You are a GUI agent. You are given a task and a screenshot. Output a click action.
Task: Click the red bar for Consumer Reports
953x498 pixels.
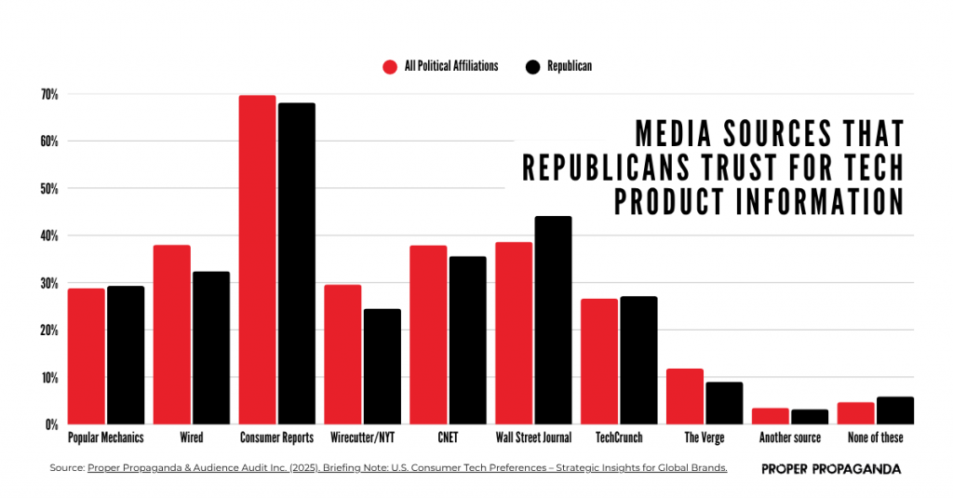(257, 260)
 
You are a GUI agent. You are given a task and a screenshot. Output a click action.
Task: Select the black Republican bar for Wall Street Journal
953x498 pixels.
(553, 320)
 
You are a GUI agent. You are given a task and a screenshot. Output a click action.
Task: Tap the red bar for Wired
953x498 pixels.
(171, 334)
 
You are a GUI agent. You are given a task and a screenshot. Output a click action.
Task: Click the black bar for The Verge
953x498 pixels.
(724, 403)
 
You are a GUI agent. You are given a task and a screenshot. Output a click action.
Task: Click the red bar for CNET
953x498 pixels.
(428, 334)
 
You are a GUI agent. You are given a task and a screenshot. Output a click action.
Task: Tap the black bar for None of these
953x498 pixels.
(895, 411)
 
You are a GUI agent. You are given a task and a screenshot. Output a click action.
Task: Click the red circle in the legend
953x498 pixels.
(390, 66)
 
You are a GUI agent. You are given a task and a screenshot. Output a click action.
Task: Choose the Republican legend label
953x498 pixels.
(569, 66)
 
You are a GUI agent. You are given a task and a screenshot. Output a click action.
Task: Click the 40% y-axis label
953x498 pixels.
(49, 236)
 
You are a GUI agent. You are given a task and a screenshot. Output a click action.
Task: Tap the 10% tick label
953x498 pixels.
(49, 378)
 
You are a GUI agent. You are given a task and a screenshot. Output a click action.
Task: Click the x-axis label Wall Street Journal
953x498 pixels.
(532, 437)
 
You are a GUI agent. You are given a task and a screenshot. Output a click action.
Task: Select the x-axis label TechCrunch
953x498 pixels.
(620, 437)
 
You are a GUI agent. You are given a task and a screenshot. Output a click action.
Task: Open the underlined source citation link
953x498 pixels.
(407, 468)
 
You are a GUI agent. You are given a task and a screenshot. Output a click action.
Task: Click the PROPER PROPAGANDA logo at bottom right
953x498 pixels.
(831, 469)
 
